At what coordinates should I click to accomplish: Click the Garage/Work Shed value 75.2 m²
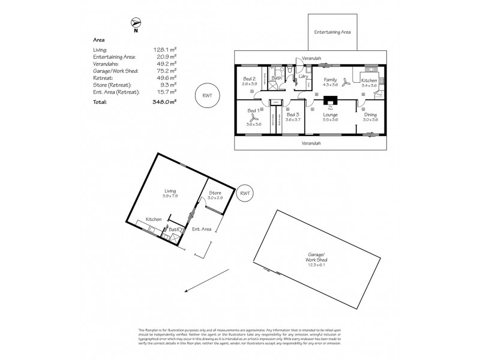click(x=167, y=70)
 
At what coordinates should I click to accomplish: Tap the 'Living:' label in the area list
click(x=100, y=49)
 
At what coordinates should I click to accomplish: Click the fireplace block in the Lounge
click(x=330, y=101)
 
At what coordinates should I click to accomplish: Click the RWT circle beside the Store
click(x=244, y=193)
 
